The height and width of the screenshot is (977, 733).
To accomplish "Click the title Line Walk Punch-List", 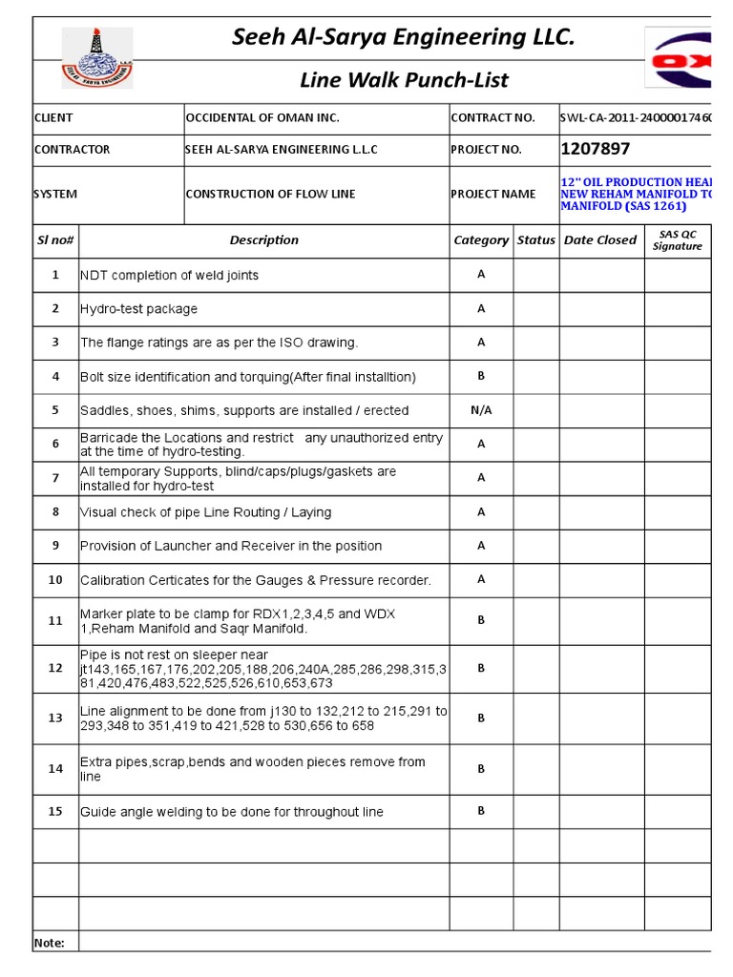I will point(404,80).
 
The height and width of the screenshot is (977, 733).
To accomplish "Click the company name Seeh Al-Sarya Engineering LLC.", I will point(404,37).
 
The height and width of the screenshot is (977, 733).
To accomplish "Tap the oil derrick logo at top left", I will point(97,58).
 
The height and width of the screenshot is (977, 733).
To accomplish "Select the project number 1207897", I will point(596,149).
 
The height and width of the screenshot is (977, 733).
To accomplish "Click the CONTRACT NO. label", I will point(492,118).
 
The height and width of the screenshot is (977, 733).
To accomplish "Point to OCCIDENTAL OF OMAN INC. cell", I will point(262,118).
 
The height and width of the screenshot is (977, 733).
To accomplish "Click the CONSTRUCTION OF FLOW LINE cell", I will point(270,195).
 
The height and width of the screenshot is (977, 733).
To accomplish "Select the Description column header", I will point(263,240).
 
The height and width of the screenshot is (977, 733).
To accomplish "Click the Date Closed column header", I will point(600,240).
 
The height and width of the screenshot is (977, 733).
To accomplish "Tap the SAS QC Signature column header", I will point(677,240).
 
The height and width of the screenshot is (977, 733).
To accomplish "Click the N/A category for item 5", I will point(481,410).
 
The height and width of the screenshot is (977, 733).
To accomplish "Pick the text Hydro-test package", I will point(139,309).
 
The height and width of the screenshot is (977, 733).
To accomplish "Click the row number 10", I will point(55,580).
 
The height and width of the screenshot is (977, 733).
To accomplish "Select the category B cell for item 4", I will point(481,376).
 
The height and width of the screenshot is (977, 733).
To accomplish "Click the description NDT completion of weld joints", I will point(170,275).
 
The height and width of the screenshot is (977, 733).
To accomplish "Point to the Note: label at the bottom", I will point(50,943).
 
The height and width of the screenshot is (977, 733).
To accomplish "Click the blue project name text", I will point(636,194).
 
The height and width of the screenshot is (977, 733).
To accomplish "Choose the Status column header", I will point(535,240).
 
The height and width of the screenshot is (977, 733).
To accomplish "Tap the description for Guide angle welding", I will point(232,812).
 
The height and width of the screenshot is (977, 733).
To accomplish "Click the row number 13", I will point(55,718).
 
